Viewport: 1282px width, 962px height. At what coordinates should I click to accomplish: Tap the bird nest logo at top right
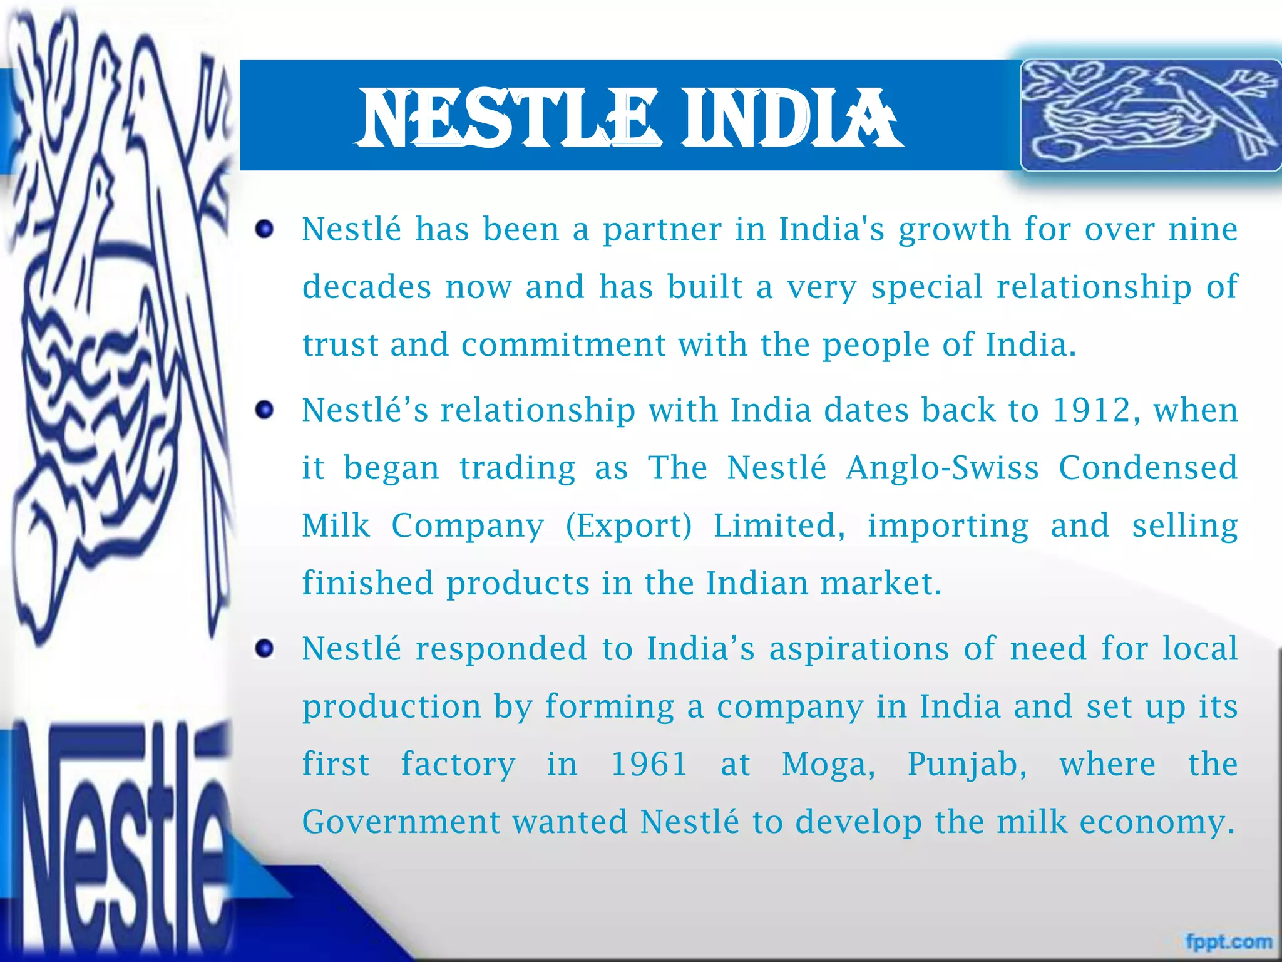tap(1151, 115)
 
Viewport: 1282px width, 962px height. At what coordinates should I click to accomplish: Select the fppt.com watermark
tap(1229, 941)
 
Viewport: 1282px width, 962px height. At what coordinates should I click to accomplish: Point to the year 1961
tap(649, 765)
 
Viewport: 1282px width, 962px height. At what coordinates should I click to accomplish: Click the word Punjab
tap(967, 765)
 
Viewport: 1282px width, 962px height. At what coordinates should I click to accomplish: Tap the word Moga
tap(828, 765)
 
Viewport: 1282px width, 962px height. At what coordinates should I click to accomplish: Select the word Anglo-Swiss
tap(942, 468)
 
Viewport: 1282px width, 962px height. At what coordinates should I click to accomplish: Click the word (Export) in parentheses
tap(628, 526)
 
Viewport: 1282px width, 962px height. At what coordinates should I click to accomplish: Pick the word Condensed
tap(1148, 468)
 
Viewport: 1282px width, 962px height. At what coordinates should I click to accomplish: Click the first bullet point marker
tap(265, 229)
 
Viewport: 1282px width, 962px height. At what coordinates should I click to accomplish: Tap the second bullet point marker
tap(265, 411)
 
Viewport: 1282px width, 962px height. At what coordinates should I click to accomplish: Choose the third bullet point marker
tap(265, 649)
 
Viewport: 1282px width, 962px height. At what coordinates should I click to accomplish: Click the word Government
tap(401, 822)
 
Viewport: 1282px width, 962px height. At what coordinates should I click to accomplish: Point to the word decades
tap(367, 287)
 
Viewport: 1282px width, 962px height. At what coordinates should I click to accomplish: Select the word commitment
tap(563, 345)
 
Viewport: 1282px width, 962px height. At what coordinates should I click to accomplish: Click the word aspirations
tap(859, 649)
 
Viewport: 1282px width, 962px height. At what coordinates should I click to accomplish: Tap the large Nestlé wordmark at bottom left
tap(119, 839)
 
